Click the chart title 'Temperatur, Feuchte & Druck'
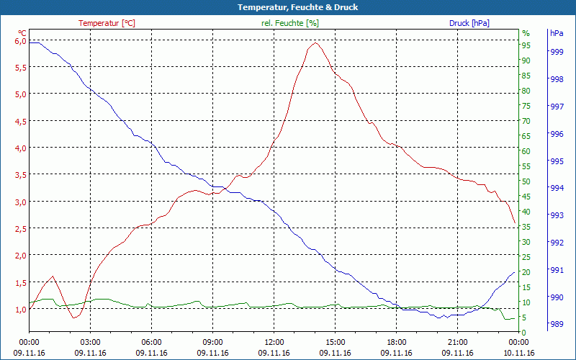[287, 7]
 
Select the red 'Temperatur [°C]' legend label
[107, 23]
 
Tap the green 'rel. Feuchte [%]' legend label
[290, 23]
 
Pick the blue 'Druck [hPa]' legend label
[469, 23]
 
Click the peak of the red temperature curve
[315, 43]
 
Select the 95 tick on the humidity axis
[526, 45]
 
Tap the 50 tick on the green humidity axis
[526, 181]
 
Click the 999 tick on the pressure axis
[557, 52]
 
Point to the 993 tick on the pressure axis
[557, 215]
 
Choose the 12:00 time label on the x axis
[274, 342]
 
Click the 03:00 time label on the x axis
[90, 342]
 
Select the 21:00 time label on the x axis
[458, 342]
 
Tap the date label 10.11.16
[519, 353]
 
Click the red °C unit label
[22, 32]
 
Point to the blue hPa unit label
[557, 33]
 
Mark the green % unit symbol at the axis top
[526, 33]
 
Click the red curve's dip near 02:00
[74, 318]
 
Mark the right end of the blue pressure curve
[515, 272]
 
